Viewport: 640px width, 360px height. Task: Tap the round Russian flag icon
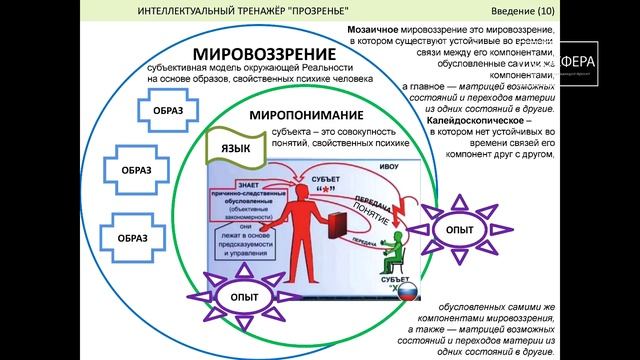pos(406,294)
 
